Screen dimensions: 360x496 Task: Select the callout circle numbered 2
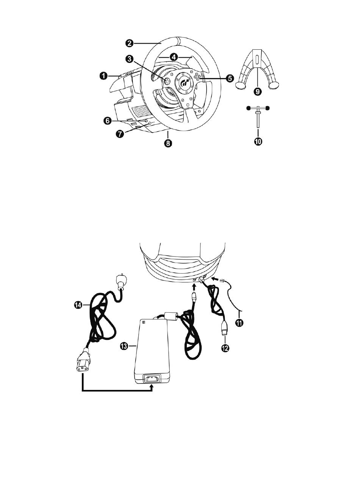130,43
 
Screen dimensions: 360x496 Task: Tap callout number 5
230,78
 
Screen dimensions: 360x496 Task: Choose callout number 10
258,141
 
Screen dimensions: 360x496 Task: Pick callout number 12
225,348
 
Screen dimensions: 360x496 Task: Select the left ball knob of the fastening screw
249,108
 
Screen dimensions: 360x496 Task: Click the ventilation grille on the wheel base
141,111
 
